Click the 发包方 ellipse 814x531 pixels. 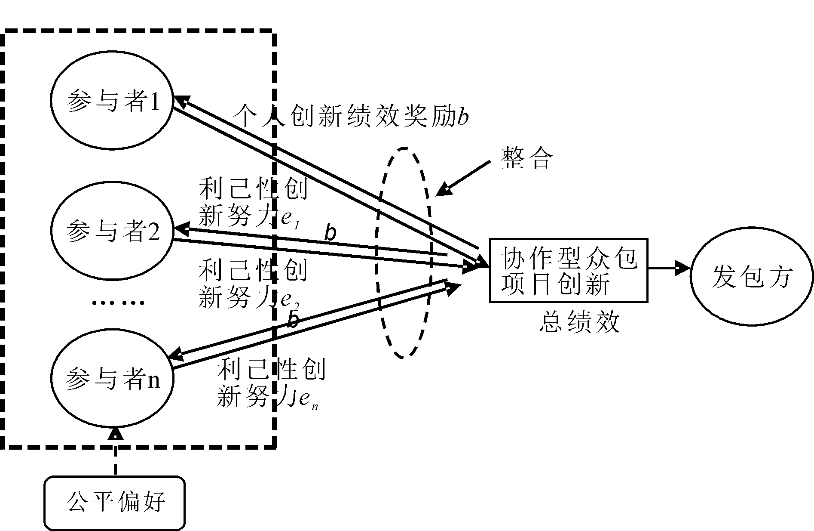752,276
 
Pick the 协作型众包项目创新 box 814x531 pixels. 569,270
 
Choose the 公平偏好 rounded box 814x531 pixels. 115,503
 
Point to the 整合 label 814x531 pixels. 526,158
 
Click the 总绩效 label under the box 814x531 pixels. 579,322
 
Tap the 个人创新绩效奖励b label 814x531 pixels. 350,116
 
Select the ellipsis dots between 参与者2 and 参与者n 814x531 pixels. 118,303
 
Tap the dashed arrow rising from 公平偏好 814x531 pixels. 115,452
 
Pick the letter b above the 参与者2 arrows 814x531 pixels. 330,233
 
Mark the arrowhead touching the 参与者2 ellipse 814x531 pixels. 181,228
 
